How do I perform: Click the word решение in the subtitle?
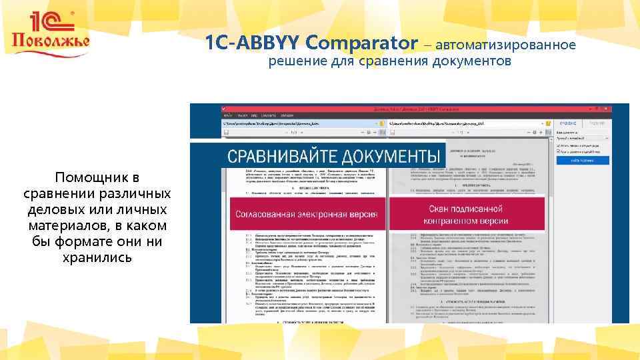(x=297, y=62)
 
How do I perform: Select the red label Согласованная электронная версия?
(x=307, y=214)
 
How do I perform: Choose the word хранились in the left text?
(x=97, y=258)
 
